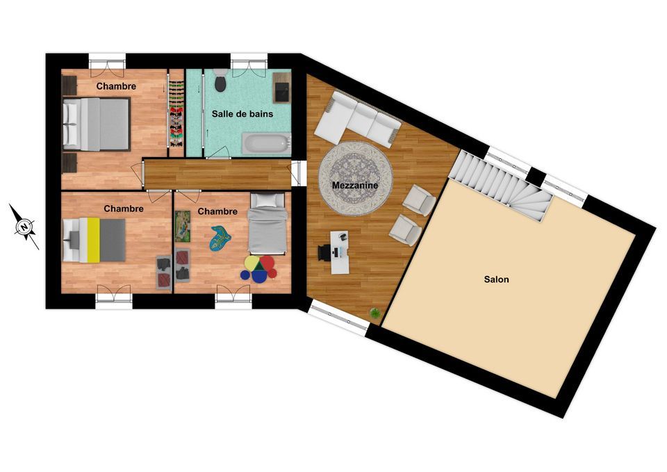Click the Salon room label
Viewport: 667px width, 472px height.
coord(496,279)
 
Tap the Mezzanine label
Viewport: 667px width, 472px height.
coord(355,185)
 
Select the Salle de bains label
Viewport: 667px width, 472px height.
coord(242,114)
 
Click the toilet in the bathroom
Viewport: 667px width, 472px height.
coord(220,81)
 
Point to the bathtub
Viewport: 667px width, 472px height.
coord(266,143)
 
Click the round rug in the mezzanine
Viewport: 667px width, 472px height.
coord(356,179)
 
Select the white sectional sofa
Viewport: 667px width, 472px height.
coord(357,118)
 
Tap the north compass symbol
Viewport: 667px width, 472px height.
coord(25,227)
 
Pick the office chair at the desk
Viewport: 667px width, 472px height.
coord(324,252)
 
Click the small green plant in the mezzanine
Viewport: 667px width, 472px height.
coord(375,314)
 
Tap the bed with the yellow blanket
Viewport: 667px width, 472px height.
coord(94,240)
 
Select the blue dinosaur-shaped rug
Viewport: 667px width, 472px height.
coord(220,238)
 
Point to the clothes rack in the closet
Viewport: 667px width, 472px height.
coord(176,113)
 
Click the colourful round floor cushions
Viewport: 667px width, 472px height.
coord(258,269)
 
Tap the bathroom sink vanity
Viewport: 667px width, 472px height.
coord(281,88)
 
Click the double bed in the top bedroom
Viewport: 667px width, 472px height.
coord(96,124)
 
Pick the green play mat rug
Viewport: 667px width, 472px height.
coord(183,227)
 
